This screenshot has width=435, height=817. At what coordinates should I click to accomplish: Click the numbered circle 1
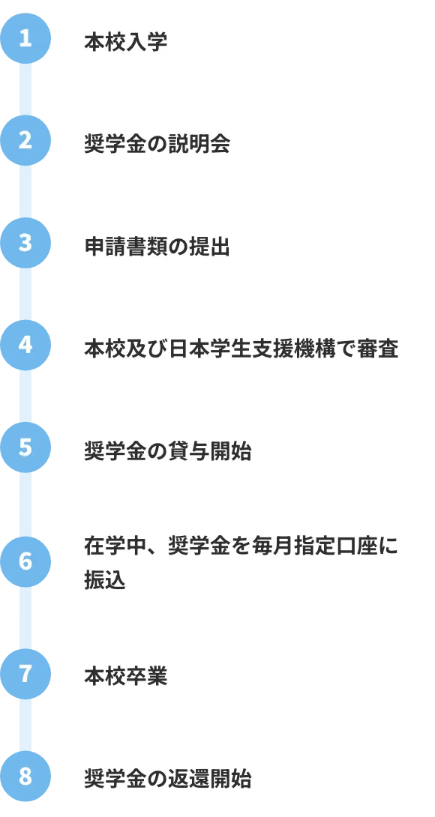25,38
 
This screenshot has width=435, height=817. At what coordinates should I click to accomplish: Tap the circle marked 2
25,141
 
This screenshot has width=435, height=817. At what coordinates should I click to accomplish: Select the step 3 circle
25,243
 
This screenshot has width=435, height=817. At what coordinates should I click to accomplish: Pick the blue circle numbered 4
25,345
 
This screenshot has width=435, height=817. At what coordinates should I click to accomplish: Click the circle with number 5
25,447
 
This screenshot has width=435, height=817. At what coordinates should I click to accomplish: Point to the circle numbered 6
25,561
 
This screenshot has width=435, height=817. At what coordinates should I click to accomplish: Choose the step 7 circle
25,674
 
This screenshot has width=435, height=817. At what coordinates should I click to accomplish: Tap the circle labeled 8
25,777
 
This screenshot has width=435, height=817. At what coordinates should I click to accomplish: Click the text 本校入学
126,43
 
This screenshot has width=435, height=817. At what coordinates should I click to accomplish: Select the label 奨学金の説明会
157,145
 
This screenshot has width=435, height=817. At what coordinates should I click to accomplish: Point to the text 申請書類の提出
157,247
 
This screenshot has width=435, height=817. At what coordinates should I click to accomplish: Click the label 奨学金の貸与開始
167,452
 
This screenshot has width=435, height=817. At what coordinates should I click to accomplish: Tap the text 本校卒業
126,678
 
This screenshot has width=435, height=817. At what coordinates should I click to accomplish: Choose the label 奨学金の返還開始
167,780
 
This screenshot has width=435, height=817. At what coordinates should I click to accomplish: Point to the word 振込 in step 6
105,581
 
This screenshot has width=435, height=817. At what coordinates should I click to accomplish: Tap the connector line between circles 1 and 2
25,90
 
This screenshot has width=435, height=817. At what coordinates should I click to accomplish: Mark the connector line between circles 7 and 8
25,726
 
